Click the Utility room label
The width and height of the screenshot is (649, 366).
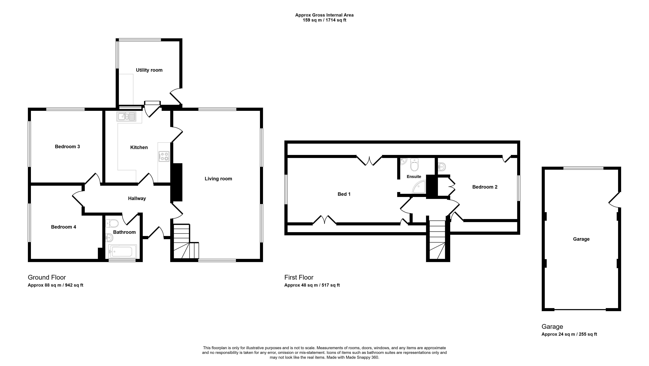pos(149,70)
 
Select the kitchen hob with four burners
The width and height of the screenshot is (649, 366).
pos(164,156)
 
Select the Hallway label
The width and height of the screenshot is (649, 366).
pos(137,199)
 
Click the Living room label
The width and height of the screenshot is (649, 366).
pos(218,179)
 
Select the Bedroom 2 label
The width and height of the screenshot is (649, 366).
pos(485,187)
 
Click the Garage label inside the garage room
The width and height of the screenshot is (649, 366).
pos(581,239)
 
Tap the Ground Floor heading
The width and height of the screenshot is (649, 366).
pos(47,277)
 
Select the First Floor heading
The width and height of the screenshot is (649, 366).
pos(299,277)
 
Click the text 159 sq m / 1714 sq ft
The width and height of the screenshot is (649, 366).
pos(324,20)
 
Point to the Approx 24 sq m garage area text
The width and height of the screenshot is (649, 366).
pos(569,334)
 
